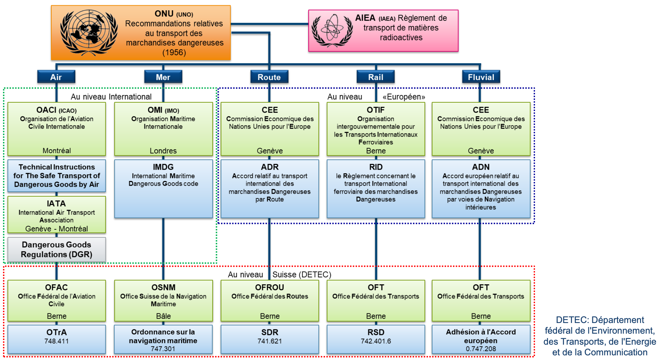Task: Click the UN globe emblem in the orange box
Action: pyautogui.click(x=89, y=32)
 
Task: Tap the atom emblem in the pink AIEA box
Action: pyautogui.click(x=332, y=30)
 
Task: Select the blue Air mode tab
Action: pyautogui.click(x=56, y=77)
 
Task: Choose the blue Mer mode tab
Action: pyautogui.click(x=163, y=77)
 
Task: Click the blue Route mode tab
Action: pyautogui.click(x=269, y=77)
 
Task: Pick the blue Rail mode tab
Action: pyautogui.click(x=376, y=77)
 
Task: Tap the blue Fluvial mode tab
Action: pyautogui.click(x=481, y=77)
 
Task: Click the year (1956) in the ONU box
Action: pyautogui.click(x=174, y=53)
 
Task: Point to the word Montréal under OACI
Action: pyautogui.click(x=57, y=151)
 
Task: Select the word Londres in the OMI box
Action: pyautogui.click(x=163, y=151)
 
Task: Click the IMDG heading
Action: pyautogui.click(x=163, y=167)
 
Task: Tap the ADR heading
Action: pyautogui.click(x=270, y=167)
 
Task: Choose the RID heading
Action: pyautogui.click(x=376, y=167)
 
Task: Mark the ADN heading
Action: pyautogui.click(x=481, y=167)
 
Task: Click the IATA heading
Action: pyautogui.click(x=56, y=203)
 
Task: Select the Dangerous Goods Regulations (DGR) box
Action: pyautogui.click(x=56, y=249)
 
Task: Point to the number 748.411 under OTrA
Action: pyautogui.click(x=56, y=341)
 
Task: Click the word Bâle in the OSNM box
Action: pyautogui.click(x=163, y=316)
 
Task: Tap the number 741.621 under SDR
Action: pyautogui.click(x=270, y=341)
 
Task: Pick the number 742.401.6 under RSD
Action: pyautogui.click(x=376, y=341)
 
